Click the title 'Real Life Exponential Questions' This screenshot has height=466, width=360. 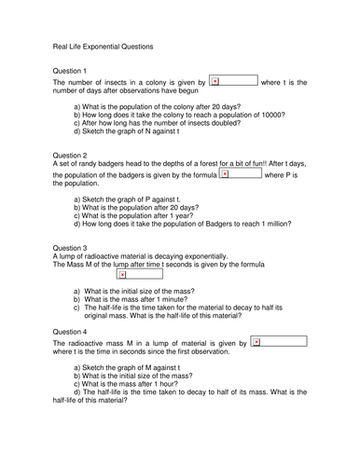[x=103, y=47]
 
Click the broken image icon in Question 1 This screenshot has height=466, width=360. [x=215, y=82]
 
